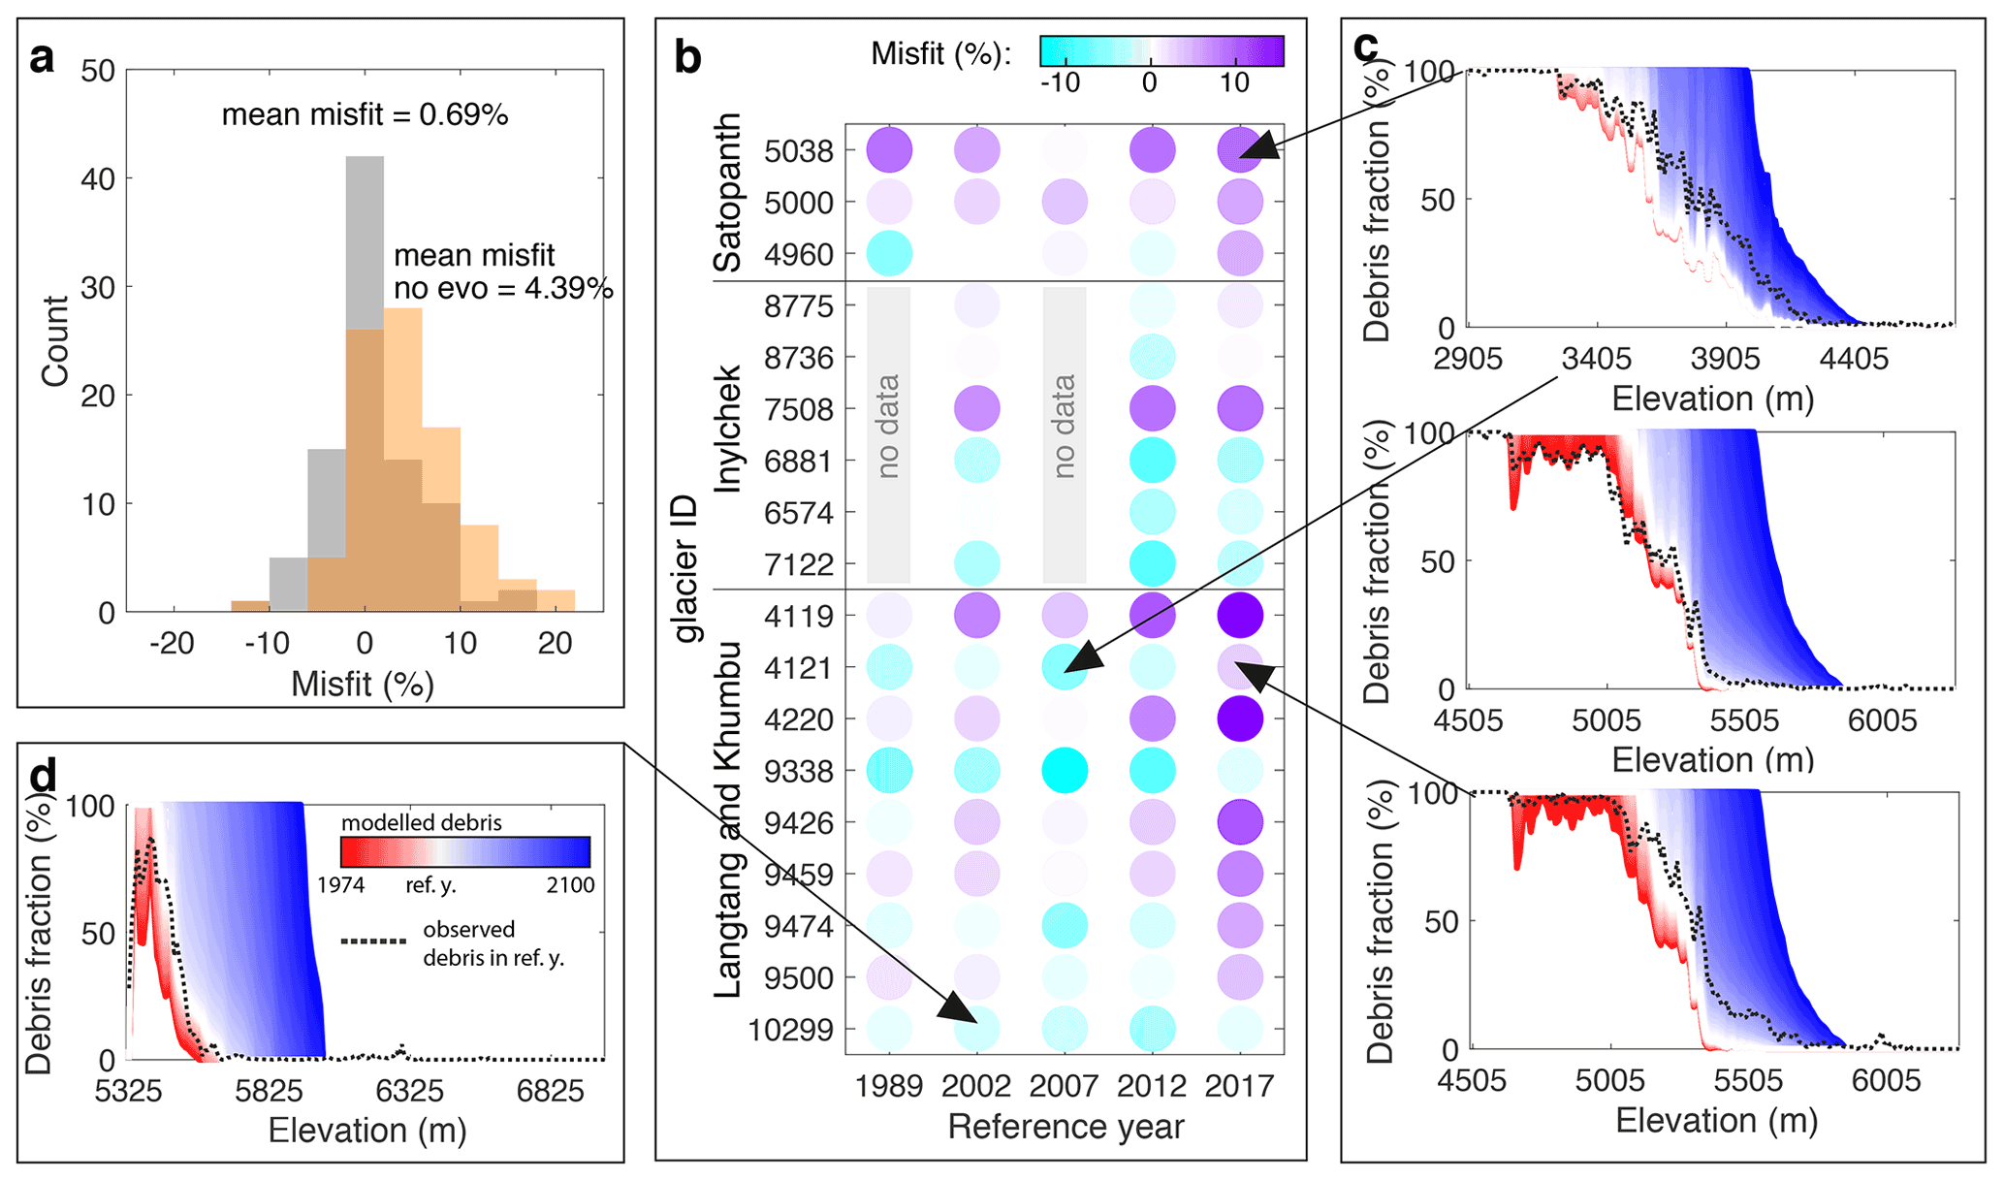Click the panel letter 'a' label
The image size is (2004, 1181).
(42, 59)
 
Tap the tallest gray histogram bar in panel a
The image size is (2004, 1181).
(365, 242)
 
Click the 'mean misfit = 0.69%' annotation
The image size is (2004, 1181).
(365, 115)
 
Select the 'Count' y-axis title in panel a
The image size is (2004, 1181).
(55, 341)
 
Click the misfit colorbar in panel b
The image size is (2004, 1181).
(1161, 51)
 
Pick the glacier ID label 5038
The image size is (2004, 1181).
(798, 151)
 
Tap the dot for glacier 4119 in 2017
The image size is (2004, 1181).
(1240, 616)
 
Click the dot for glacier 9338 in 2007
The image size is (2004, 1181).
(1065, 771)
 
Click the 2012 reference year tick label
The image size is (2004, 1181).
(1152, 1085)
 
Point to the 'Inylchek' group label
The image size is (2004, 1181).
(728, 429)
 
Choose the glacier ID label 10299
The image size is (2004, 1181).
(790, 1030)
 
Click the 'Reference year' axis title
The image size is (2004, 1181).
(1066, 1127)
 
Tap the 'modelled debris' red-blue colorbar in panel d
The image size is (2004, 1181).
(465, 851)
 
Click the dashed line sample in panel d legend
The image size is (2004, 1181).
(373, 941)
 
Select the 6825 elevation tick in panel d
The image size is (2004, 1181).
(550, 1092)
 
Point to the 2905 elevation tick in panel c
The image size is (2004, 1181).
(1470, 359)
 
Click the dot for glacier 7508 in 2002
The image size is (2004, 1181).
(976, 408)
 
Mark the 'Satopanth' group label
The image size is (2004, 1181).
(728, 194)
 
